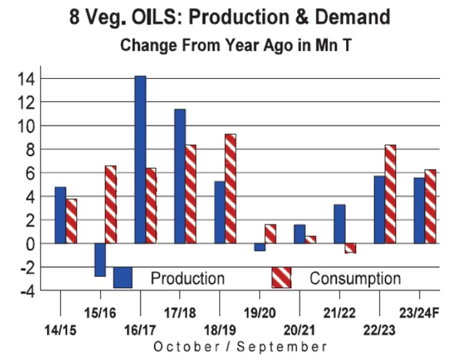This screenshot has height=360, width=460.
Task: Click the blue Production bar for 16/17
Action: pyautogui.click(x=140, y=160)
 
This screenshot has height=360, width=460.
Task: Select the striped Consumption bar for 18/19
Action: pyautogui.click(x=231, y=189)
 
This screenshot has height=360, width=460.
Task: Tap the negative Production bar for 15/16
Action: pyautogui.click(x=100, y=260)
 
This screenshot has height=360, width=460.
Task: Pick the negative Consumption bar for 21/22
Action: pyautogui.click(x=350, y=248)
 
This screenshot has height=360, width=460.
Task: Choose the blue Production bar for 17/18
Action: pyautogui.click(x=180, y=176)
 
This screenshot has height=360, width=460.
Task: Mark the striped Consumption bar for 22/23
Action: pyautogui.click(x=390, y=194)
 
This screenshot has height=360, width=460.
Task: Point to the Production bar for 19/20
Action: pyautogui.click(x=260, y=247)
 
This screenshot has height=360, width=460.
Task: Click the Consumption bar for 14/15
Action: pyautogui.click(x=71, y=221)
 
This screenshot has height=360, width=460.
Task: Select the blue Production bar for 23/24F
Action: pyautogui.click(x=419, y=211)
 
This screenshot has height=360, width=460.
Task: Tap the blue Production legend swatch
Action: pyautogui.click(x=123, y=278)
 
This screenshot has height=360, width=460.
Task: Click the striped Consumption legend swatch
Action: pyautogui.click(x=281, y=278)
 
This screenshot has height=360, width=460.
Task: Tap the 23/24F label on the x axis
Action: pyautogui.click(x=418, y=313)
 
